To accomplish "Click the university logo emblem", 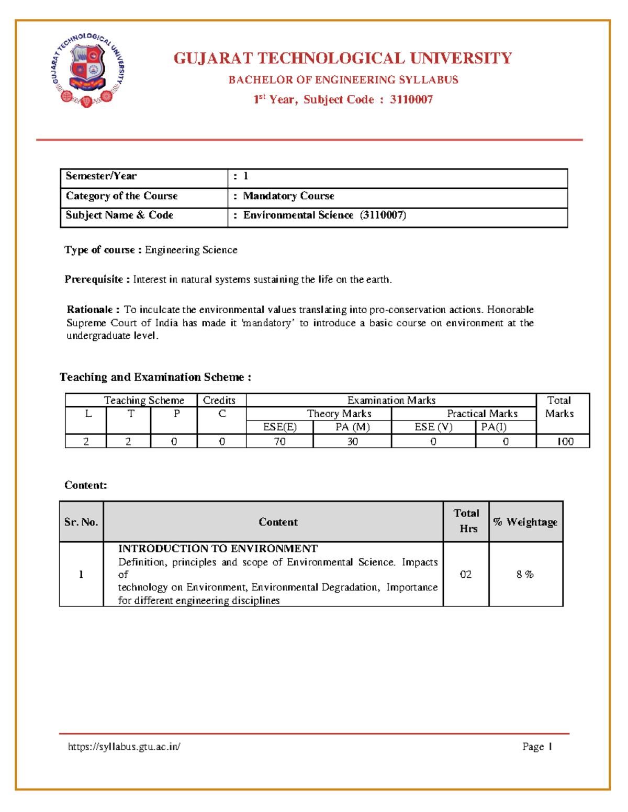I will pos(87,70).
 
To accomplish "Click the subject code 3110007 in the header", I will pos(411,99).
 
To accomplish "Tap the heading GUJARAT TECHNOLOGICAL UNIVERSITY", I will pos(343,58).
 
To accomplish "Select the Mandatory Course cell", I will pos(288,196).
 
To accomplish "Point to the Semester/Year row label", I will pos(101,176).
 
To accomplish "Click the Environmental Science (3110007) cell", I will pos(324,215).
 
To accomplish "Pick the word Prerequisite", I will pos(94,279).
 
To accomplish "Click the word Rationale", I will pos(89,310).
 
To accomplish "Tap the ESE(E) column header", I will pos(279,427).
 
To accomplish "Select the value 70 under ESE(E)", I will pos(279,442).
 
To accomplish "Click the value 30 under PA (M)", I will pos(352,442).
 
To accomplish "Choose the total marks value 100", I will pos(565,442).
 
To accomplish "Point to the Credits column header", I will pos(219,401).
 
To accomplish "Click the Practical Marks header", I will pos(482,414).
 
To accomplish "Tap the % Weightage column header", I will pos(525,522).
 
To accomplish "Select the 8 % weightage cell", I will pos(525,574).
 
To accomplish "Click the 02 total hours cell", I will pos(466,574).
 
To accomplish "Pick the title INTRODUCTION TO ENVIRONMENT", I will pos(218,548).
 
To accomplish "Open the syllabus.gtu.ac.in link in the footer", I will pos(124,747).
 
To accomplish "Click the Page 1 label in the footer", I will pos(537,747).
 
